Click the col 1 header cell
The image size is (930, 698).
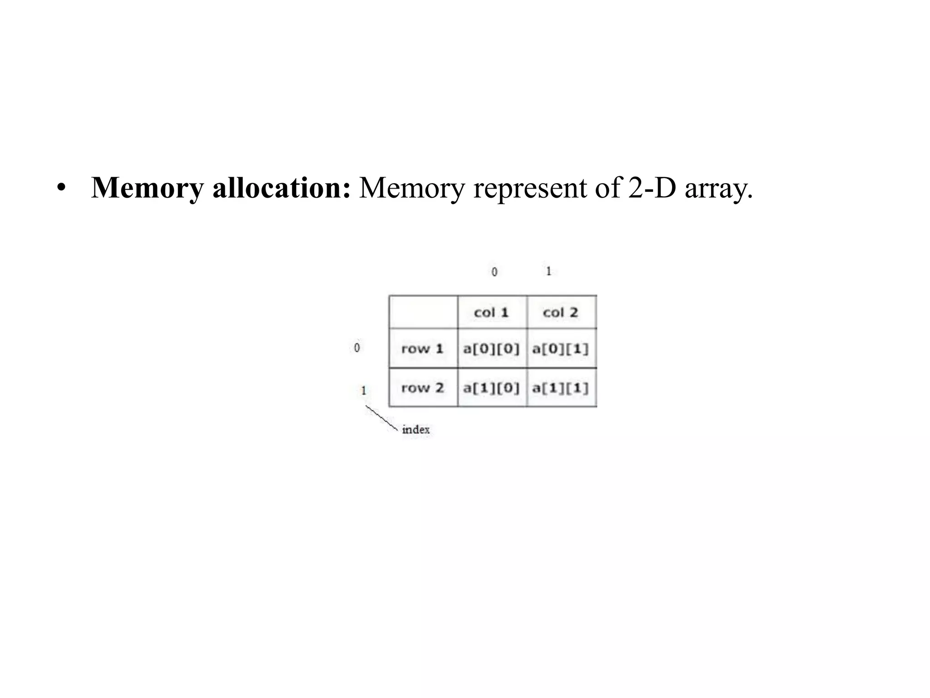tap(492, 312)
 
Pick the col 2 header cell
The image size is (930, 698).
tap(561, 312)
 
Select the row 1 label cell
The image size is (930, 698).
tap(422, 349)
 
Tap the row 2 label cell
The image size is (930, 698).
tap(422, 388)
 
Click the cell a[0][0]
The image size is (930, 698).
tap(491, 349)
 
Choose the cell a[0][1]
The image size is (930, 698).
tap(561, 349)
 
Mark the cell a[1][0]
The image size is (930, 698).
tap(491, 388)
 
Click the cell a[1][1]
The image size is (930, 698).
tap(561, 388)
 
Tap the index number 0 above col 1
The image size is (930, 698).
tap(495, 272)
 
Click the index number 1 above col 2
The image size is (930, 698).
tap(549, 271)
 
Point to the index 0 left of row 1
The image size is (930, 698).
tap(357, 348)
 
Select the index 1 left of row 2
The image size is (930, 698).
tap(363, 390)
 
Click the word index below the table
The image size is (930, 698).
tap(416, 429)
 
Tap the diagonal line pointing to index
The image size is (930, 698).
tap(381, 417)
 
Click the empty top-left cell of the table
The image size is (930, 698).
tap(423, 312)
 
